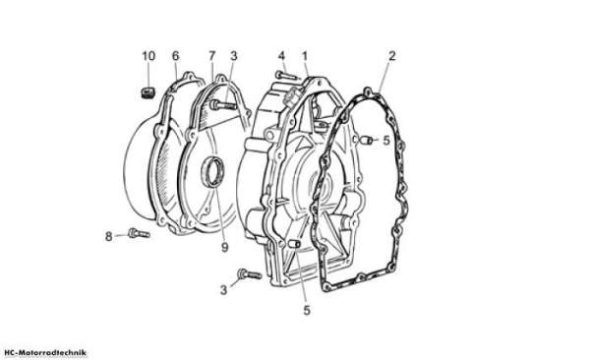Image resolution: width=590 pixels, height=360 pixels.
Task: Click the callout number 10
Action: pyautogui.click(x=148, y=56)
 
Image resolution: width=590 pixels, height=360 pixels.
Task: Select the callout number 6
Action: pyautogui.click(x=176, y=56)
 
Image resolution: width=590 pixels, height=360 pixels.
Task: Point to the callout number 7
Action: pyautogui.click(x=212, y=56)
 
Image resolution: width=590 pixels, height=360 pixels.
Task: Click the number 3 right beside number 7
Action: pyautogui.click(x=234, y=56)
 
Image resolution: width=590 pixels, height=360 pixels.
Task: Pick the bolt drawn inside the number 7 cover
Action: pyautogui.click(x=224, y=104)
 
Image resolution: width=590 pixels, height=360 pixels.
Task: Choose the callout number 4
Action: pyautogui.click(x=282, y=56)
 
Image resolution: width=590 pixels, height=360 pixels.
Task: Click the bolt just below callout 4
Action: pyautogui.click(x=288, y=76)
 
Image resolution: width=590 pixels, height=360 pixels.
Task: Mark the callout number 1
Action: pyautogui.click(x=305, y=56)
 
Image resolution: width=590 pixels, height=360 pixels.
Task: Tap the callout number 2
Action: pyautogui.click(x=392, y=56)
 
